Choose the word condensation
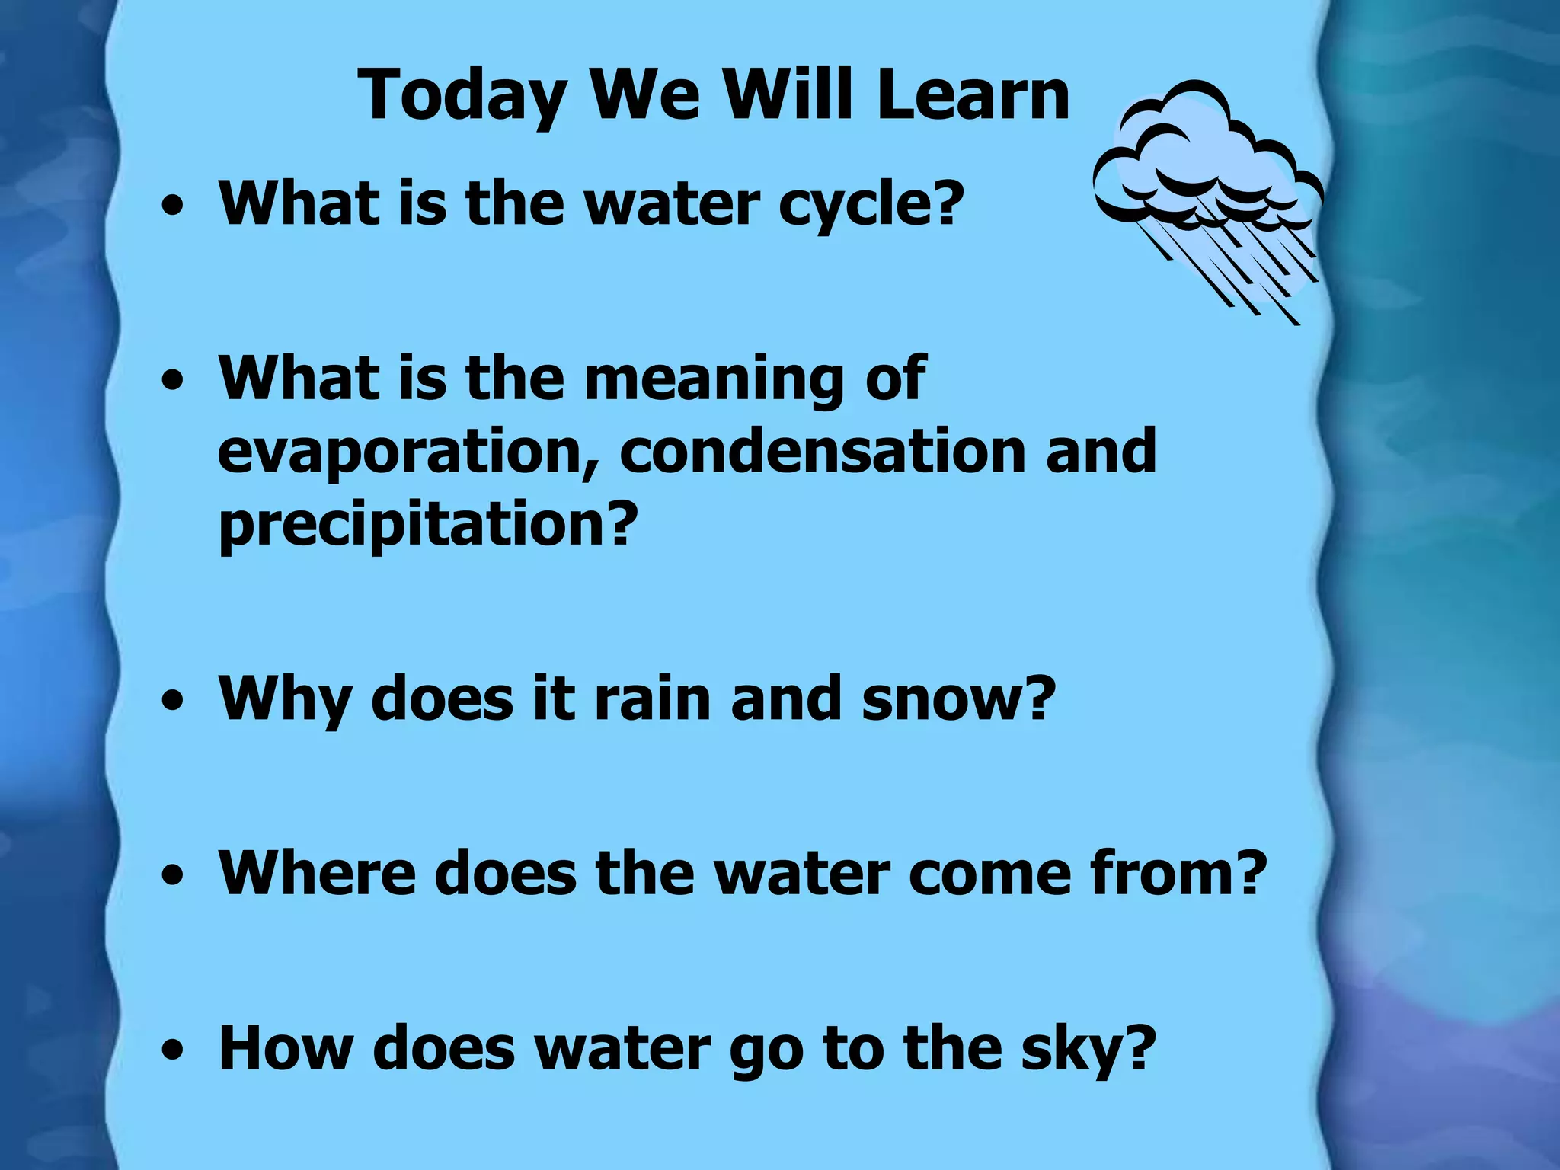(x=823, y=451)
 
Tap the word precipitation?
(x=427, y=526)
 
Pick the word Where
(x=317, y=873)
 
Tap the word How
(x=286, y=1049)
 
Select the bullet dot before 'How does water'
(x=173, y=1052)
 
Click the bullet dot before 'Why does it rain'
(x=173, y=701)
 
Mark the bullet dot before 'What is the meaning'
(x=173, y=380)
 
